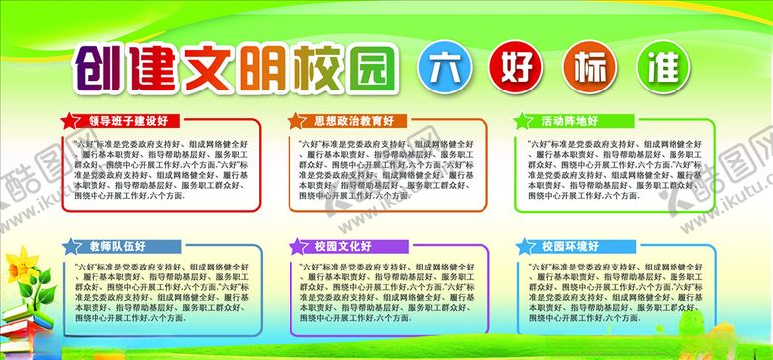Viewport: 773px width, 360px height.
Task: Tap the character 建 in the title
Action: coord(146,68)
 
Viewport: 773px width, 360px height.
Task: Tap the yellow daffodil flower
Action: coord(22,265)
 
